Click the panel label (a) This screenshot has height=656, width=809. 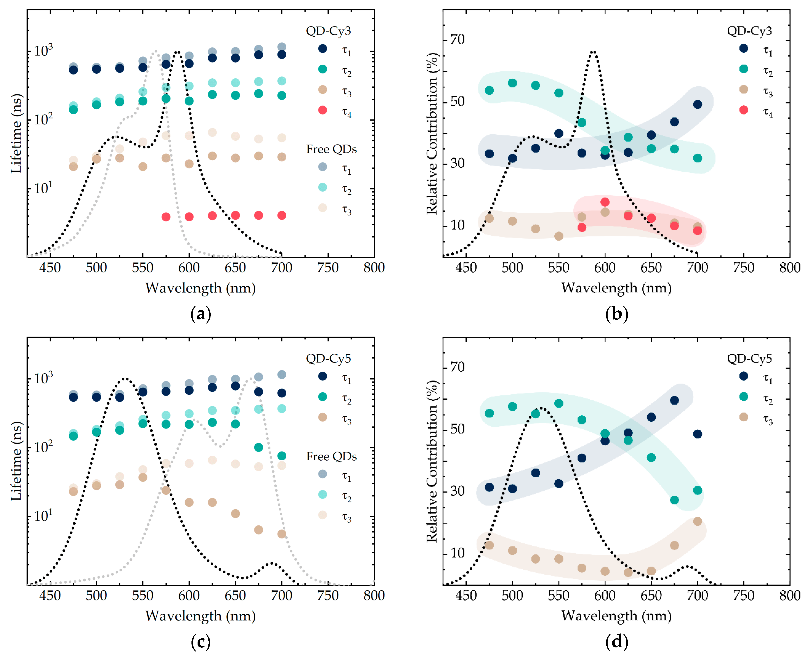coord(201,314)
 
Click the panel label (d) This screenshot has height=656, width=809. coord(616,642)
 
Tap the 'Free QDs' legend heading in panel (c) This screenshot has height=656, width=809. coord(331,457)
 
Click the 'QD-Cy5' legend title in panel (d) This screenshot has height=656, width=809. coord(749,358)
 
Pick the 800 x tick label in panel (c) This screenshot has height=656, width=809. coord(374,595)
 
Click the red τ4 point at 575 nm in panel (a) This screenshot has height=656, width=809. coord(166,217)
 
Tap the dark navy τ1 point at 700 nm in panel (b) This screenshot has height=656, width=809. coord(698,104)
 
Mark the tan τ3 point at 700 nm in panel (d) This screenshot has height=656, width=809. coord(698,521)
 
